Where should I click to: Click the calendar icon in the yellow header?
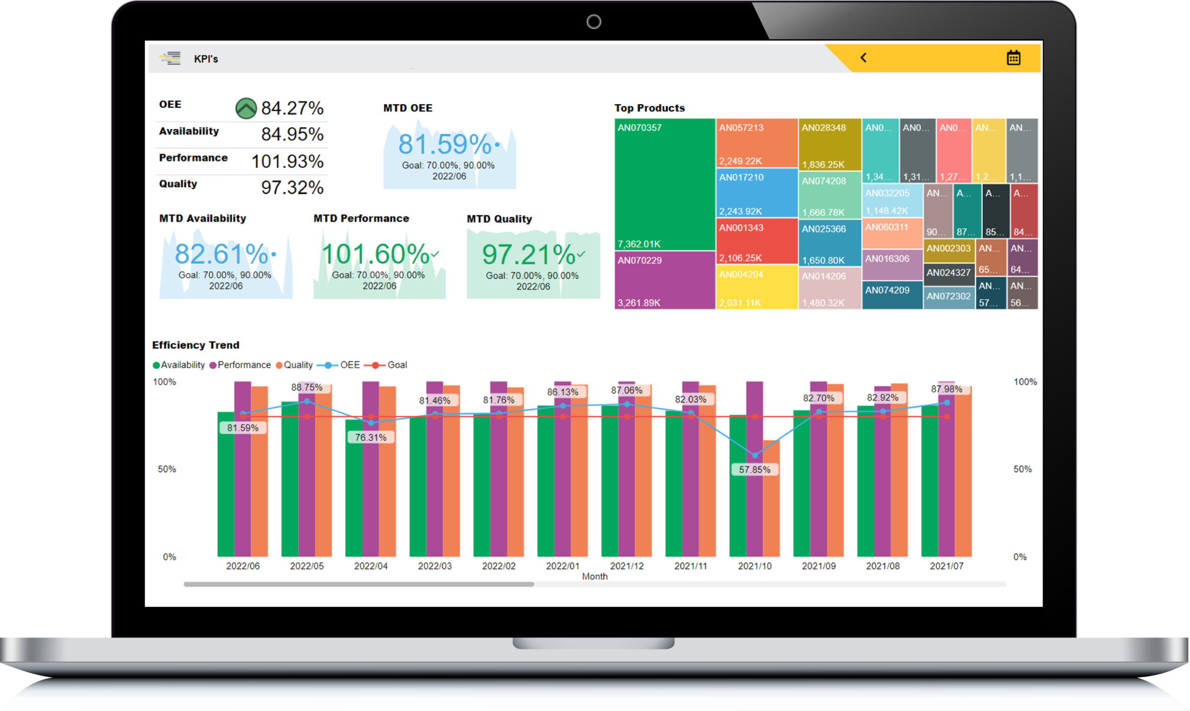pyautogui.click(x=1013, y=58)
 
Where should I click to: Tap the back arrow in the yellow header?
pyautogui.click(x=863, y=58)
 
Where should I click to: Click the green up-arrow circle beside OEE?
pyautogui.click(x=245, y=108)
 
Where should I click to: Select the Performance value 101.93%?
pyautogui.click(x=287, y=161)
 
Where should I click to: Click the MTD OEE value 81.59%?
pyautogui.click(x=444, y=144)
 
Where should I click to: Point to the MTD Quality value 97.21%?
pyautogui.click(x=528, y=255)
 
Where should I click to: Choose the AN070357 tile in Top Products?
pyautogui.click(x=664, y=184)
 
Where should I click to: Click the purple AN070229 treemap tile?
pyautogui.click(x=664, y=280)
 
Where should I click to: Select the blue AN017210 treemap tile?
pyautogui.click(x=757, y=193)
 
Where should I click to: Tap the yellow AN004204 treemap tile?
pyautogui.click(x=757, y=288)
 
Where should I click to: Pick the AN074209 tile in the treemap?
pyautogui.click(x=892, y=295)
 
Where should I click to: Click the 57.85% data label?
pyautogui.click(x=755, y=469)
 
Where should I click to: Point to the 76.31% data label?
pyautogui.click(x=370, y=438)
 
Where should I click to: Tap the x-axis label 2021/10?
pyautogui.click(x=755, y=566)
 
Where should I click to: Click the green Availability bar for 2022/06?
pyautogui.click(x=226, y=486)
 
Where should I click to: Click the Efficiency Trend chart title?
pyautogui.click(x=195, y=345)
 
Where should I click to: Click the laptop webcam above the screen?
pyautogui.click(x=594, y=22)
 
